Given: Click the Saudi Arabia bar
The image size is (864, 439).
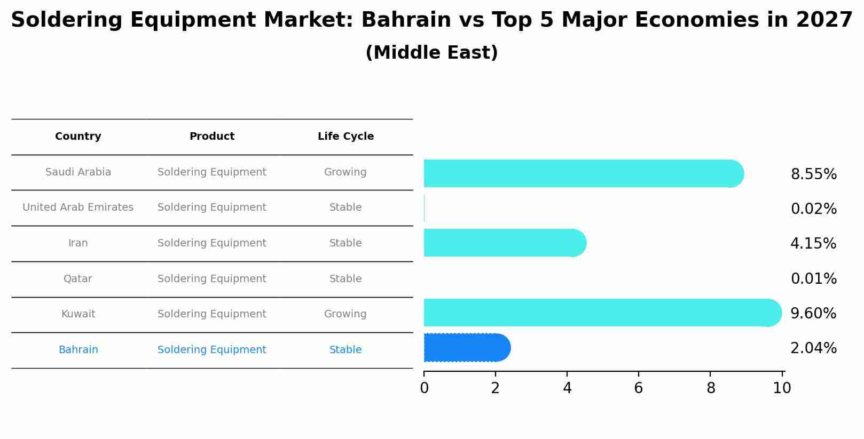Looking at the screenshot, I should tap(582, 173).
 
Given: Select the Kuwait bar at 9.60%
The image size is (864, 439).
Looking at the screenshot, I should tap(601, 313).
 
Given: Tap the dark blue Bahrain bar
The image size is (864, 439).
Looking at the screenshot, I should tap(466, 348).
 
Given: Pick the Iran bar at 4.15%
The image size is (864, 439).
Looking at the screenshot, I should tap(504, 243).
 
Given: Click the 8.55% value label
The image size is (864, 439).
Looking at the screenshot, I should tap(813, 174).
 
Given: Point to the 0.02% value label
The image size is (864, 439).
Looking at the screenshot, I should tap(813, 209).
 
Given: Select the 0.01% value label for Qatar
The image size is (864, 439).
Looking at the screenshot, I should tap(813, 278).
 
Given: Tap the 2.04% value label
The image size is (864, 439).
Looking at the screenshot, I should tap(813, 348).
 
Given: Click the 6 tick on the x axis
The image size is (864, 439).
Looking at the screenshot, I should tap(638, 388).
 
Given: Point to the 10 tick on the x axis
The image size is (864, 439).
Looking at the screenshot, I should tap(782, 388).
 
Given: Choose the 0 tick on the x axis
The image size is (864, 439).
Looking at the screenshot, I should tap(424, 388).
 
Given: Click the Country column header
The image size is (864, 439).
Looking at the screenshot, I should tap(78, 137).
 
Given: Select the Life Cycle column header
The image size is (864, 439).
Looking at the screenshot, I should tap(345, 137).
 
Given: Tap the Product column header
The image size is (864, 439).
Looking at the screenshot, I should tap(212, 137).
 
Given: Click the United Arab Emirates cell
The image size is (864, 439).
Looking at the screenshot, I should tap(78, 207).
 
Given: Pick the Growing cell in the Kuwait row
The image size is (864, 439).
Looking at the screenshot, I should tap(345, 314).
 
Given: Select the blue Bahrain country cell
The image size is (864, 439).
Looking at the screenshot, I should tap(78, 350).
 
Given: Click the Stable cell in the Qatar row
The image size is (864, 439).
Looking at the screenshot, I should tap(345, 279).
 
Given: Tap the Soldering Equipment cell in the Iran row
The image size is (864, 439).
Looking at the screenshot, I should tap(212, 243).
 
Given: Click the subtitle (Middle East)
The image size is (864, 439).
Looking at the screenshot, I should tap(431, 53).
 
